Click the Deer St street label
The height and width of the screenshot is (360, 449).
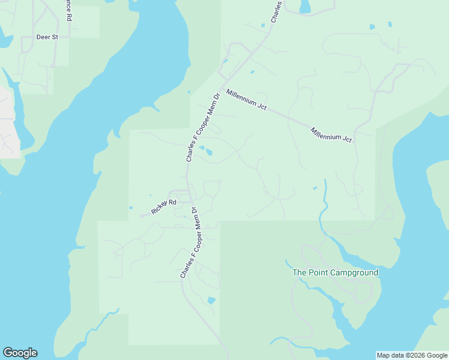click(47, 37)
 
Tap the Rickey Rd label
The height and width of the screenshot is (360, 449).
click(164, 206)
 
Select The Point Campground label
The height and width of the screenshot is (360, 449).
click(335, 272)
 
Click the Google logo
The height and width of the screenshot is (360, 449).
click(20, 353)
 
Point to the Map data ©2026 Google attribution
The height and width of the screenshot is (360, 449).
click(412, 355)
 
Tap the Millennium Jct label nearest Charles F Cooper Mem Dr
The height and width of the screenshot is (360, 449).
click(247, 100)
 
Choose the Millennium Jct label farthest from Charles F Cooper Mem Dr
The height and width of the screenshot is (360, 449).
click(331, 134)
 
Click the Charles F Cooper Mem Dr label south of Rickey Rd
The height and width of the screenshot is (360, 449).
click(190, 242)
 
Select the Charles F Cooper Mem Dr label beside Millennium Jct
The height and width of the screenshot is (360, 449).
click(201, 127)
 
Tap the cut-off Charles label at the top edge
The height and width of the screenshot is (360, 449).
click(276, 11)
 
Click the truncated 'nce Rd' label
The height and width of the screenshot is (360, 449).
click(68, 11)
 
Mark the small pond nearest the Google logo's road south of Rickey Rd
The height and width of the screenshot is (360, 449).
click(211, 300)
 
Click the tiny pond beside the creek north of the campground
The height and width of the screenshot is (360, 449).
click(315, 188)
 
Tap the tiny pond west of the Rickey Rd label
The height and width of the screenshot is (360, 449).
click(131, 208)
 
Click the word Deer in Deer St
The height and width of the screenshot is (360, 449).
click(42, 37)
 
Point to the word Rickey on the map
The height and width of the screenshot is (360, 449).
click(160, 208)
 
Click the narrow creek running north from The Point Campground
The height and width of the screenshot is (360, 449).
click(325, 198)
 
